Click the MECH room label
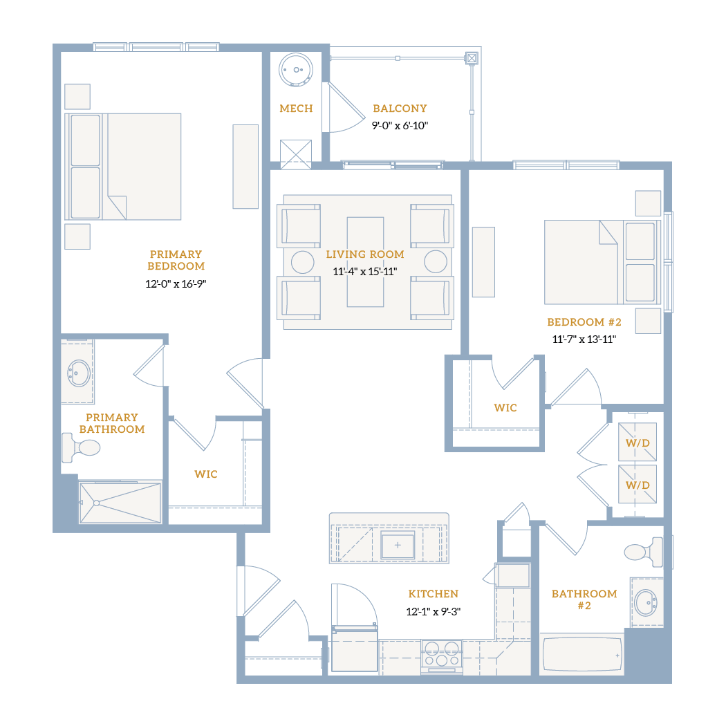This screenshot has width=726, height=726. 297,109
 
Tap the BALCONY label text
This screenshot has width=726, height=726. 400,109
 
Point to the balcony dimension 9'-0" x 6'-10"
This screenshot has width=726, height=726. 400,125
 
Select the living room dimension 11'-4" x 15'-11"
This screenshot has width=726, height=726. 365,271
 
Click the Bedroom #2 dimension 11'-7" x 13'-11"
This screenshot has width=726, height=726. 584,339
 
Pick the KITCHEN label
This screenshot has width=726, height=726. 434,593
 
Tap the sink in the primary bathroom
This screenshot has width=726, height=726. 79,373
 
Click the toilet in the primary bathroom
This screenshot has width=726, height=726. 81,448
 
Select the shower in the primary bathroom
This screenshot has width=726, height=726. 120,503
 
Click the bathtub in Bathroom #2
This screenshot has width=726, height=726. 582,654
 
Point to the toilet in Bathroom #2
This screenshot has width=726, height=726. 644,552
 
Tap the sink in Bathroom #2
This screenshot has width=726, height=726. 645,603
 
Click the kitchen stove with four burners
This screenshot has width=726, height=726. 442,654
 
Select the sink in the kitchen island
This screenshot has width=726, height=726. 398,545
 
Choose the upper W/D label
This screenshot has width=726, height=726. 637,443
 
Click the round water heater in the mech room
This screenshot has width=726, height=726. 296,70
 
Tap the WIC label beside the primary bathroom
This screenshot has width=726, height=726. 206,474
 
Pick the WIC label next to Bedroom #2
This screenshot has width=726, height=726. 505,408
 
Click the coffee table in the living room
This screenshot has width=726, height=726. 365,262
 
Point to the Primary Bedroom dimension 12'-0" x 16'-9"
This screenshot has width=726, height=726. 176,283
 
